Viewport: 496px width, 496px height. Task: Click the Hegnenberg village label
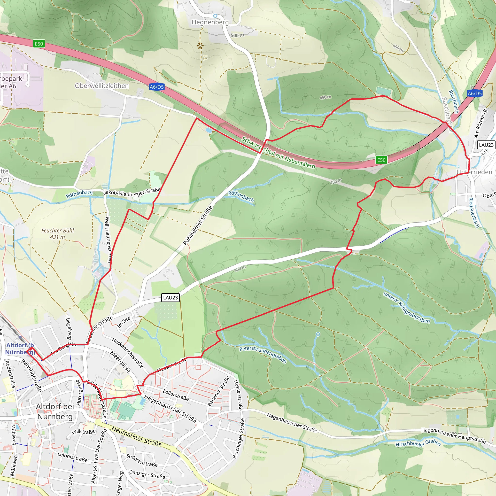click(x=210, y=22)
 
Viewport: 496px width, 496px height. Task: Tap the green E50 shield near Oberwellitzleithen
click(x=39, y=44)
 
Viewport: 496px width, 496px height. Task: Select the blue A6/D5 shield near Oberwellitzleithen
click(x=157, y=87)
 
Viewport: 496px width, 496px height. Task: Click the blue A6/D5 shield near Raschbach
click(x=474, y=93)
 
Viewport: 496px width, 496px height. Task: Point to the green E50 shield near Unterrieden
click(x=381, y=160)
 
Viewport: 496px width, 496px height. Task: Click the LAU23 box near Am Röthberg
click(x=486, y=145)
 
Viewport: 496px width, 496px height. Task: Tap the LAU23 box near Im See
click(x=170, y=298)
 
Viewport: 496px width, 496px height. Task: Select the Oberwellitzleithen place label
click(x=102, y=86)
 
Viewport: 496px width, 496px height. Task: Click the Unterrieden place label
click(x=474, y=172)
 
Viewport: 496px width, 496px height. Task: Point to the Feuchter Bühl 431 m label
click(x=57, y=234)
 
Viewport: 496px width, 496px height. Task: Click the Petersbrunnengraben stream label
click(x=263, y=355)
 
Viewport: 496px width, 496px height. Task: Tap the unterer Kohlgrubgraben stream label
click(x=406, y=307)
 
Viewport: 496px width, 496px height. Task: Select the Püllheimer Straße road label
click(x=198, y=225)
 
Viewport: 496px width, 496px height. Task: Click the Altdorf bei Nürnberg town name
click(x=55, y=411)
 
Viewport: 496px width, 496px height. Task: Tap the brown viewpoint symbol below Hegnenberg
click(x=200, y=46)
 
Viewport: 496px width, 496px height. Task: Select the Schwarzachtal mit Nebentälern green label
click(x=278, y=153)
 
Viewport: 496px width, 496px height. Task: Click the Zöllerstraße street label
click(x=176, y=395)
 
